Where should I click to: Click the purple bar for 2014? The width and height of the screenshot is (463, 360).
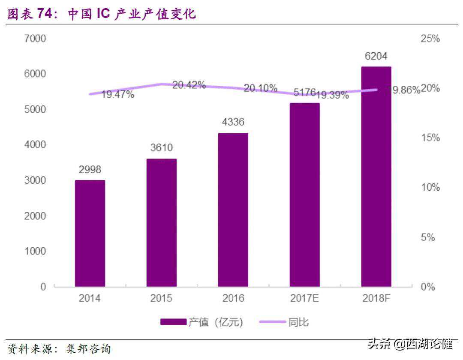(90, 233)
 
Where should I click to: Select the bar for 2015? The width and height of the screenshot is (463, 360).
(161, 222)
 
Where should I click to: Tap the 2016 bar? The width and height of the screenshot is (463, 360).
(233, 210)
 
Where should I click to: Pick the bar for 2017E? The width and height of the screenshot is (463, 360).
(304, 195)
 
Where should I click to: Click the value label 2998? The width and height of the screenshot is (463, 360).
(90, 170)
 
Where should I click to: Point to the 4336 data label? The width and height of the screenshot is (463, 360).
(233, 122)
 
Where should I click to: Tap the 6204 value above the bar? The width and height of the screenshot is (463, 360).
(376, 56)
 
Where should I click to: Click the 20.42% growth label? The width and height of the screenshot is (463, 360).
(189, 85)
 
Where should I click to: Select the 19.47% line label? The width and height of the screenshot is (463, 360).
(117, 94)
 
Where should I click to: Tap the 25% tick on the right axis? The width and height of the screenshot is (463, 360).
(430, 39)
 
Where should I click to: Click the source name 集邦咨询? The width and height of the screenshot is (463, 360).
(88, 349)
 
